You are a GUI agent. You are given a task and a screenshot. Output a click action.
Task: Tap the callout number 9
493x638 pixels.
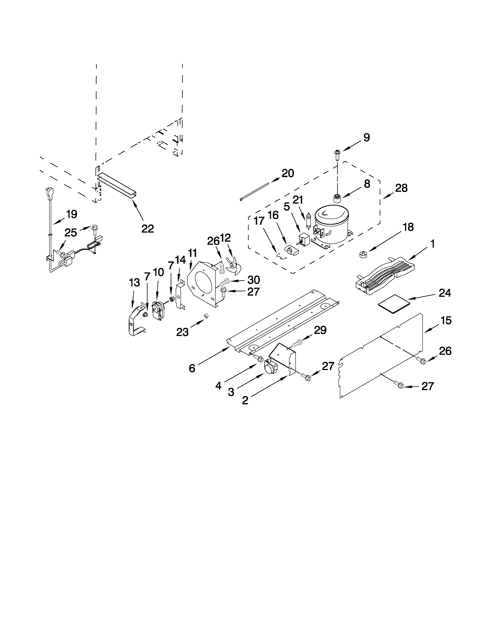tap(367, 138)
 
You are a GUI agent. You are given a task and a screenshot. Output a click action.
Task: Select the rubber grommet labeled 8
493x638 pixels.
tap(338, 199)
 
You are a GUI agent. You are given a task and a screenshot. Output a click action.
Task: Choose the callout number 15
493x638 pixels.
tap(446, 321)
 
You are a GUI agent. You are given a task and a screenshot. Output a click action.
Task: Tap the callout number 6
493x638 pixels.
tap(192, 368)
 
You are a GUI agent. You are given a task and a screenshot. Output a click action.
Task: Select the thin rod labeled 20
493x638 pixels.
tap(254, 191)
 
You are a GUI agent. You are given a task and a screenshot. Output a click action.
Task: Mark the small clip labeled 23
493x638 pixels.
tap(206, 316)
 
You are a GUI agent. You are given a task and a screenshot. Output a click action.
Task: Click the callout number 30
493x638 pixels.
tap(253, 280)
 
